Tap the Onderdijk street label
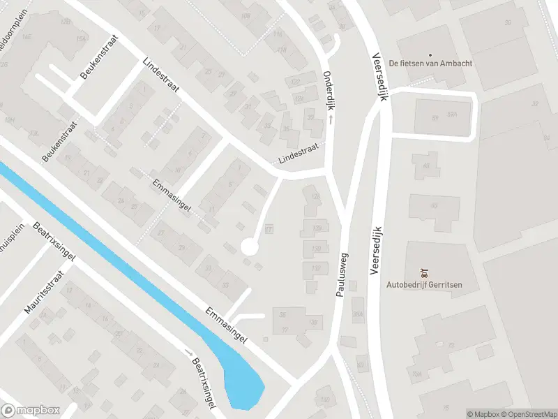click(326, 89)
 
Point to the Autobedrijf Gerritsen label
click(423, 284)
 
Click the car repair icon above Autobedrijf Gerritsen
click(423, 272)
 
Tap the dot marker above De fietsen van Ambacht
click(430, 54)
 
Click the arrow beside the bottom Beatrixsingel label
click(188, 353)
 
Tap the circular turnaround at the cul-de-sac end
click(248, 247)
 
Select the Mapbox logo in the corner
click(31, 410)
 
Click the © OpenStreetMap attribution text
click(528, 414)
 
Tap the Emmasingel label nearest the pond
click(226, 325)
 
